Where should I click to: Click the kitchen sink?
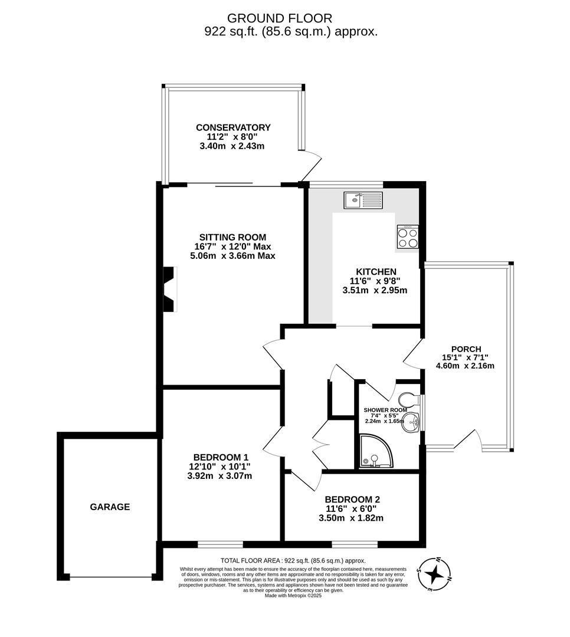(x=363, y=200)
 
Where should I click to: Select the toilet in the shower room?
(x=408, y=399)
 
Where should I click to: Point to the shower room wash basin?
(x=411, y=422)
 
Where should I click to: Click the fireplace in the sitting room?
(x=169, y=289)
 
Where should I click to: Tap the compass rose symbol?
(x=434, y=574)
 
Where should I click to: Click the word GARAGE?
(x=110, y=507)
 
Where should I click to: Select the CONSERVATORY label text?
(x=233, y=127)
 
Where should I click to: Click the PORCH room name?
(x=466, y=349)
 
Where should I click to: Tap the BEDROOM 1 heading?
(x=221, y=457)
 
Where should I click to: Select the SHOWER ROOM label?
(x=385, y=410)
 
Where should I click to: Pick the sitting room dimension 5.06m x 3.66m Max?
(x=232, y=256)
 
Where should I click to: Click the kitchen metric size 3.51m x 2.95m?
(x=375, y=290)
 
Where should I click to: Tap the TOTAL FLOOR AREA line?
(x=293, y=560)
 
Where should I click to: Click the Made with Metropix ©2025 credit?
(x=293, y=595)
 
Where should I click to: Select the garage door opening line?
(x=110, y=577)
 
